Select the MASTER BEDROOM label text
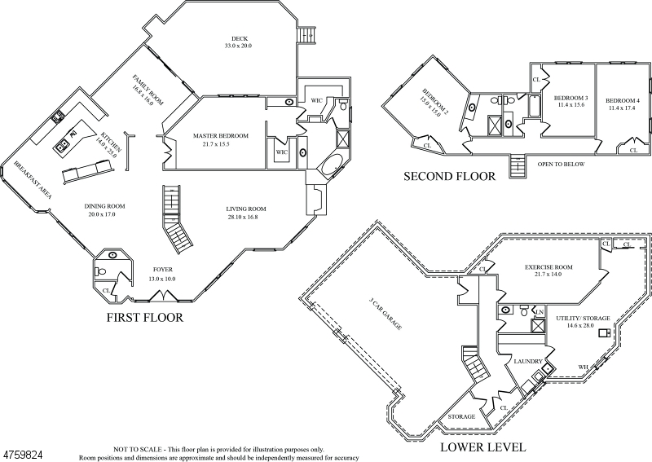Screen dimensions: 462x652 click(x=220, y=135)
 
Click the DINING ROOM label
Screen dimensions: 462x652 click(x=104, y=205)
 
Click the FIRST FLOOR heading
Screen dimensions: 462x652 click(x=144, y=317)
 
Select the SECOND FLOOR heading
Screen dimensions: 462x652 click(x=448, y=176)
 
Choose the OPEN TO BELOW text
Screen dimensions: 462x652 click(x=562, y=164)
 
